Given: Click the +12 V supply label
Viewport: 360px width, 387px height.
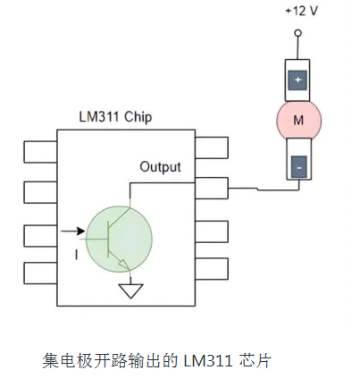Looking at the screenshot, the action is tap(301, 11).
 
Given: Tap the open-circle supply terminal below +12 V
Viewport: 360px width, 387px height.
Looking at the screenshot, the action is tap(297, 33).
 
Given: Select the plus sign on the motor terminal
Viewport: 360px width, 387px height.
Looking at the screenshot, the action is tap(297, 80).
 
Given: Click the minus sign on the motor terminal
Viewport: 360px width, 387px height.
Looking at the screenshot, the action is tap(299, 167).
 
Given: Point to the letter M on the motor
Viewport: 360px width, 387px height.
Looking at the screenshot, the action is tap(298, 120).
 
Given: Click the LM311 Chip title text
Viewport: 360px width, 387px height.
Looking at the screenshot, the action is tap(115, 117).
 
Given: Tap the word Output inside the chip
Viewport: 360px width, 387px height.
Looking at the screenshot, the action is tap(160, 167).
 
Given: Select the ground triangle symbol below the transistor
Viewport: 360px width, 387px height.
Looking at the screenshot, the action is tap(130, 290).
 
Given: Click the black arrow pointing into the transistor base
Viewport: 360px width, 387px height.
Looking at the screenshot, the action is tap(72, 231).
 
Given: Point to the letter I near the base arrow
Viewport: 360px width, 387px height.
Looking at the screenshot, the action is tap(76, 255).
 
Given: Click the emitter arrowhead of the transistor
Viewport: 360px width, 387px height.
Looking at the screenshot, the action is tap(124, 264).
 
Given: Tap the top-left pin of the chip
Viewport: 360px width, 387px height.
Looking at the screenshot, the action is tap(40, 152).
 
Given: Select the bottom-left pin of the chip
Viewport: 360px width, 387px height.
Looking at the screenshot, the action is tap(40, 273).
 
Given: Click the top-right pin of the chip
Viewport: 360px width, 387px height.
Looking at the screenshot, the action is tap(212, 147).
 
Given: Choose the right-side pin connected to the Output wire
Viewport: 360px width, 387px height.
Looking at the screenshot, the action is tap(212, 189).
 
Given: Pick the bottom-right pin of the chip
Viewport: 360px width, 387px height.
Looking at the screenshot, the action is tap(212, 269).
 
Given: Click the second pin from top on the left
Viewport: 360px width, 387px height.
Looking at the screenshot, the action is tap(40, 192).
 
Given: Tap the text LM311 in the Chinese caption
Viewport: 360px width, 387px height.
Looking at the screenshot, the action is tap(208, 361).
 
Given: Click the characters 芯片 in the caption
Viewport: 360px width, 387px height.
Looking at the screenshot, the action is tap(255, 361).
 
